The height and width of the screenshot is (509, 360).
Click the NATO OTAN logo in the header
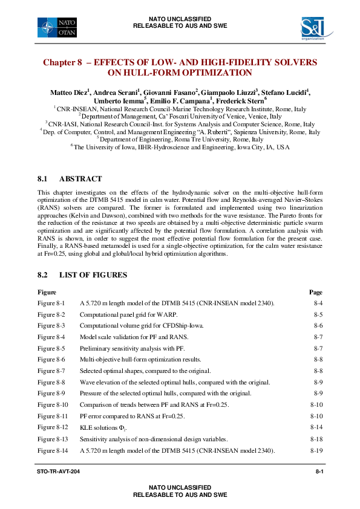(57, 27)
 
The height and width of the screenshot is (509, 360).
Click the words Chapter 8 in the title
(62, 62)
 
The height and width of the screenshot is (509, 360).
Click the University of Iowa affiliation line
(180, 147)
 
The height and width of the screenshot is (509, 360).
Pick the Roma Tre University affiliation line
(180, 139)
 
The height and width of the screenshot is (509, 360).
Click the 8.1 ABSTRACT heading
(70, 179)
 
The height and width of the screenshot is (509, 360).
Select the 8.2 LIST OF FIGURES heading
(82, 275)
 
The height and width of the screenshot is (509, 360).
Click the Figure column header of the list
(47, 292)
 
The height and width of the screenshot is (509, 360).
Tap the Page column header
(315, 292)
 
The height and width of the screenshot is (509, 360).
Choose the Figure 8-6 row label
(51, 358)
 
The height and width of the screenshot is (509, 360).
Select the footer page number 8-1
(318, 471)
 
